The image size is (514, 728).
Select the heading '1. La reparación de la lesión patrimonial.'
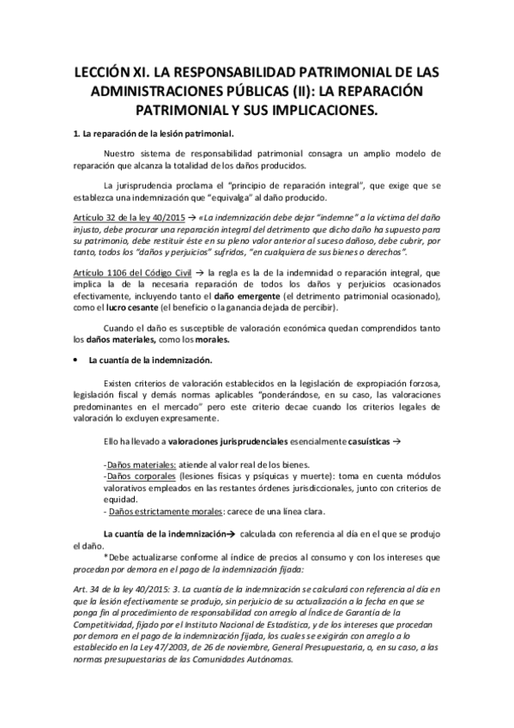(x=153, y=132)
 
